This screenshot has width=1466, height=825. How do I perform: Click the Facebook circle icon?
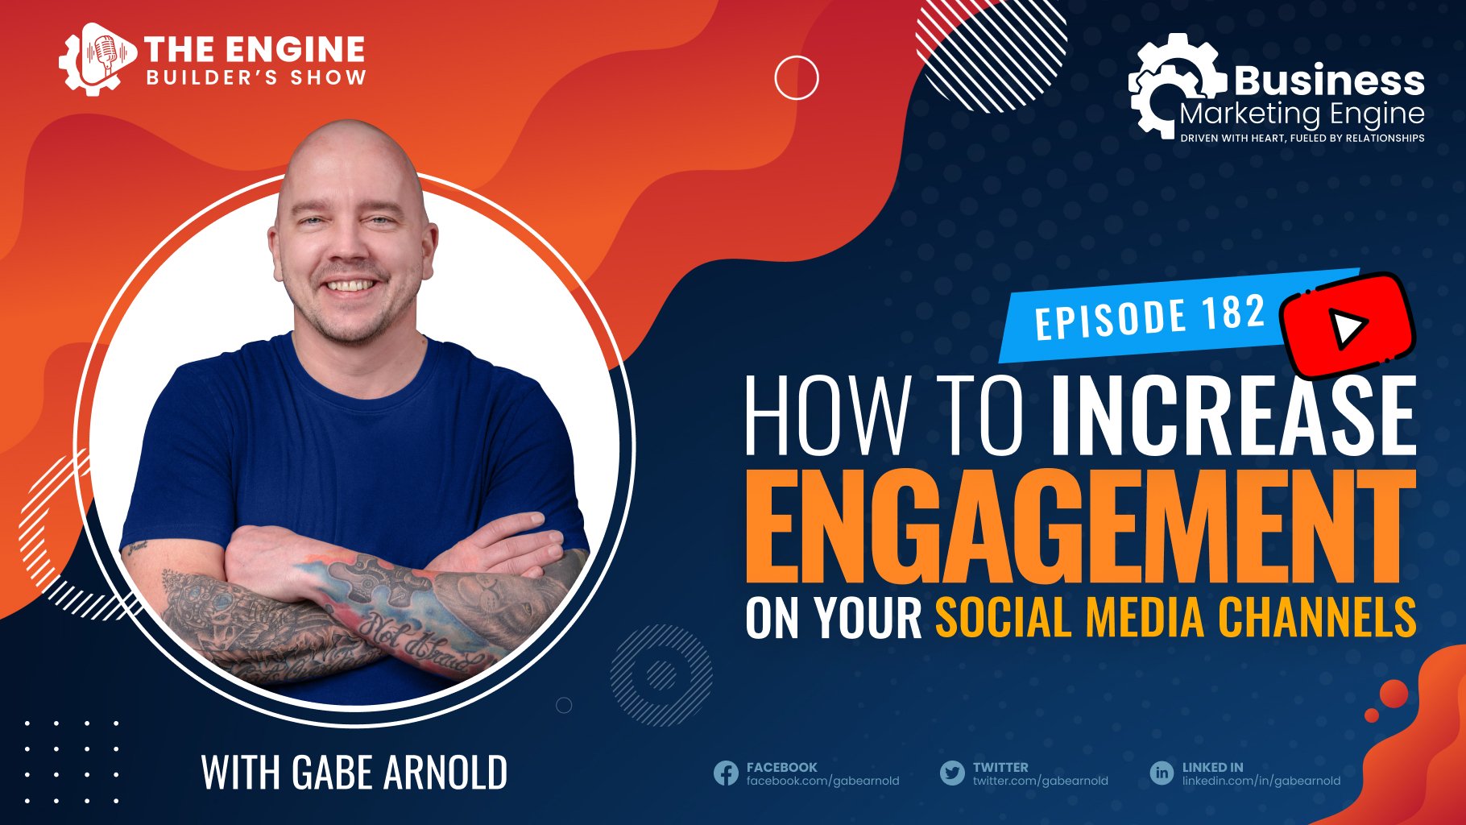726,773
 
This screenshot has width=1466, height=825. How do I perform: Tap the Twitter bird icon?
952,773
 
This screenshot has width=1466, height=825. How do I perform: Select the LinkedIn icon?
1162,773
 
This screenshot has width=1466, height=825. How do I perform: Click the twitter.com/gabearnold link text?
1040,781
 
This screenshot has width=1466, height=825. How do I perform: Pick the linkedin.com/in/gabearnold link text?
1261,781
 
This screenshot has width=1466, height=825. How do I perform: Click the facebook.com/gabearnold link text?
822,781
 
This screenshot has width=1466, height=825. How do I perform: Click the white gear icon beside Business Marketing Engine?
1172,85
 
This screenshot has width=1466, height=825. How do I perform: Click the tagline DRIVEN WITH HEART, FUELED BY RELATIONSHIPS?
1302,139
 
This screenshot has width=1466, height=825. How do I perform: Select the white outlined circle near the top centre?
797,78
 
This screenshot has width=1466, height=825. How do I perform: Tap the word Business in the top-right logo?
1329,81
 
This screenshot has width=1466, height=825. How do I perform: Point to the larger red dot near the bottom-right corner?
1394,694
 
